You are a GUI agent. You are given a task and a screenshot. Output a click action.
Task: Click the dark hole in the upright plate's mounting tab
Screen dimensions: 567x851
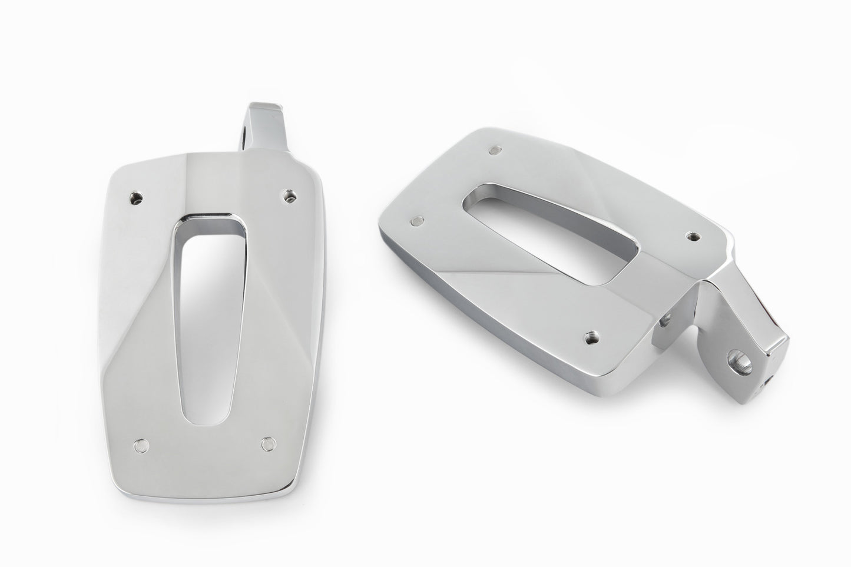[242, 138]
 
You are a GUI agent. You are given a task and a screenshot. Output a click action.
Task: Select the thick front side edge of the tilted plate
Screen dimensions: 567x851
[501, 330]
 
